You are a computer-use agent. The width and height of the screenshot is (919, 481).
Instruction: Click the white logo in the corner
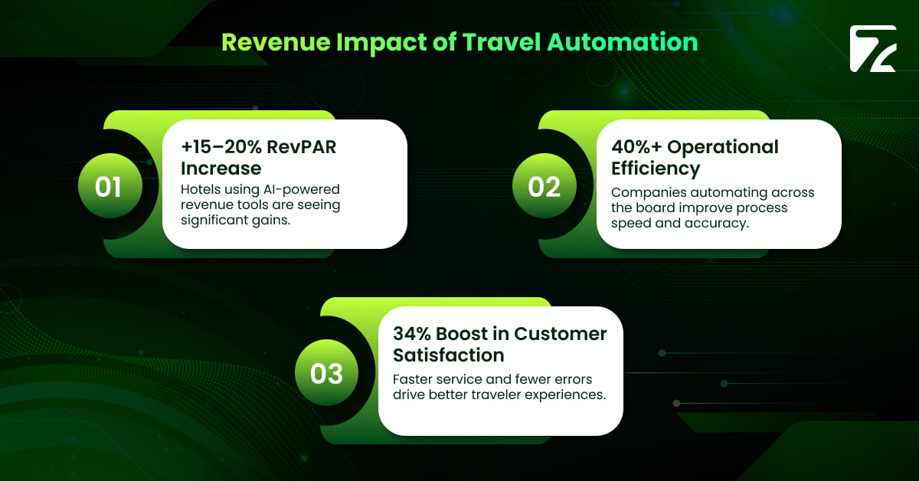872,50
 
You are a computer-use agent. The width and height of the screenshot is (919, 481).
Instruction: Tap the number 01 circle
108,187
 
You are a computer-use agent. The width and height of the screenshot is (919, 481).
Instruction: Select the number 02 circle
544,187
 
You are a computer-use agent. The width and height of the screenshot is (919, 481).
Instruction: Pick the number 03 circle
326,374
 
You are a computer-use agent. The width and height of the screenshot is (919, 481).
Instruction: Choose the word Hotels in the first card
203,189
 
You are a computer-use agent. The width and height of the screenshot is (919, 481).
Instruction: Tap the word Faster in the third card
415,379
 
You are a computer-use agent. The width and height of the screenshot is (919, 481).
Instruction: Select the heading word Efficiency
656,168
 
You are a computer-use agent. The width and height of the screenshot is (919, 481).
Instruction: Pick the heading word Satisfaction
449,355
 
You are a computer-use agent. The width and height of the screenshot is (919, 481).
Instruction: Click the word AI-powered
301,189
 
